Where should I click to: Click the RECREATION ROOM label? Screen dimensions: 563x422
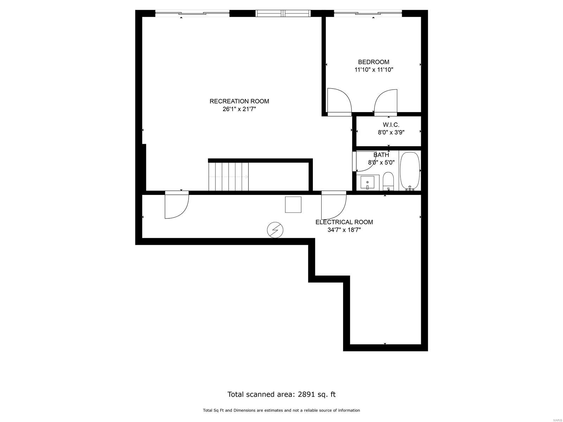(239, 101)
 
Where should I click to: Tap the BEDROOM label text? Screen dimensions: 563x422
(373, 62)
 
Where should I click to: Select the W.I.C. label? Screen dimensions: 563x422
(391, 125)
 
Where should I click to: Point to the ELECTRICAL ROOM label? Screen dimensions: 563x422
(344, 222)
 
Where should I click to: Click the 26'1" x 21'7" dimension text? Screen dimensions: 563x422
(239, 109)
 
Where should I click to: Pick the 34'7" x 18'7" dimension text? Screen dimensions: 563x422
(344, 230)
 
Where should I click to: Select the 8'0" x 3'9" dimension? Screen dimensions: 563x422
(391, 133)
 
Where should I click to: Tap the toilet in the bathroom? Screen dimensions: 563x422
(388, 181)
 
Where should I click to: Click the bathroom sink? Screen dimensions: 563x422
(368, 183)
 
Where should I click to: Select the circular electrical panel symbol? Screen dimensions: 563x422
(275, 230)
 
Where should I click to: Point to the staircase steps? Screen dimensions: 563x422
(228, 177)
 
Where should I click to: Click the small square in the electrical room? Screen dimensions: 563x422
(293, 204)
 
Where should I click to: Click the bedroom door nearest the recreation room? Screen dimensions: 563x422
(339, 102)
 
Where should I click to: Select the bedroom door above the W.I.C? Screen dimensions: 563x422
(386, 102)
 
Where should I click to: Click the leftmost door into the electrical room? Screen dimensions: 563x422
(177, 205)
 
